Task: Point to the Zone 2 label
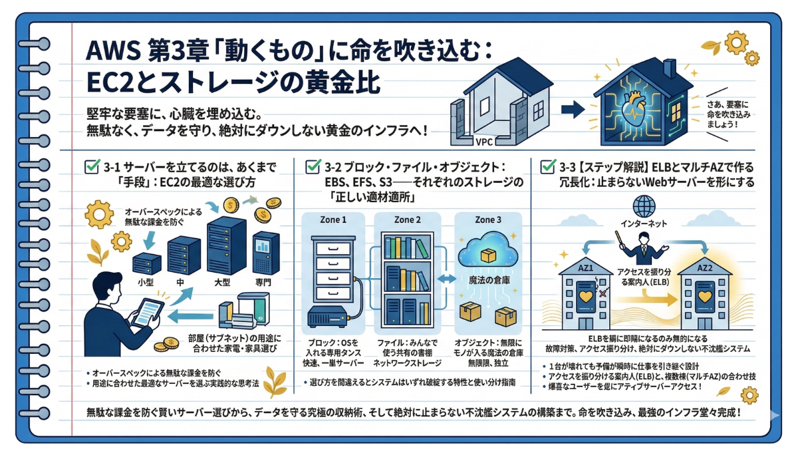[x=408, y=220]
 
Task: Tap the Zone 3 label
[x=487, y=220]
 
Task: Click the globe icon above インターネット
[x=644, y=204]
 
